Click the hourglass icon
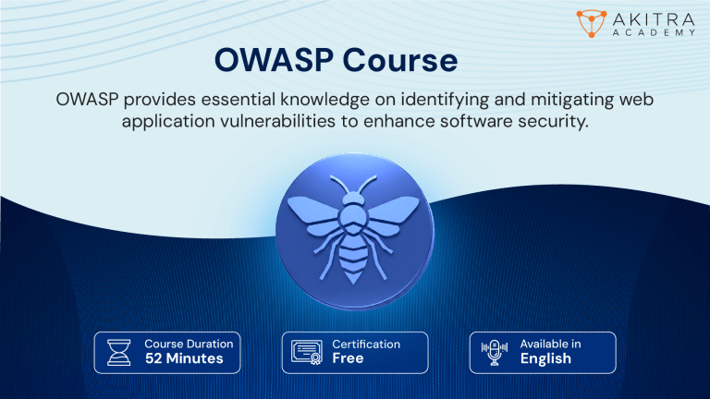pos(120,352)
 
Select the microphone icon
pos(495,352)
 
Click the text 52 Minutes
pos(184,358)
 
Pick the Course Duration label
pos(189,344)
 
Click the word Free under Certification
pos(349,358)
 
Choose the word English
pos(545,358)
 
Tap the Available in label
pos(550,344)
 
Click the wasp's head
pos(354,200)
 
